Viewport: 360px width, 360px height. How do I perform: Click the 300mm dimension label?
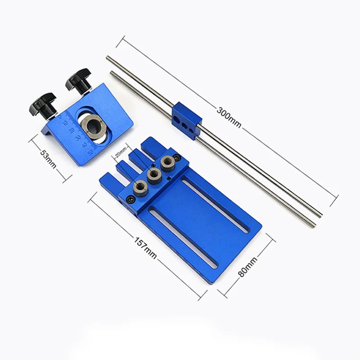[x=229, y=117]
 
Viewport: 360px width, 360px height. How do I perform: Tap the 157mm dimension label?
[x=145, y=248]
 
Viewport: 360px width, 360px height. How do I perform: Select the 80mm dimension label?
[x=247, y=267]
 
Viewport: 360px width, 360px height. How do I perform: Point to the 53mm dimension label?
[x=48, y=159]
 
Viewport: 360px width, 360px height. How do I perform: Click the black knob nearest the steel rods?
[x=78, y=81]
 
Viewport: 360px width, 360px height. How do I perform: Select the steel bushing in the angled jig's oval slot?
[x=94, y=127]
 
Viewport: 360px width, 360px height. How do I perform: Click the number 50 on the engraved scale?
[x=90, y=153]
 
